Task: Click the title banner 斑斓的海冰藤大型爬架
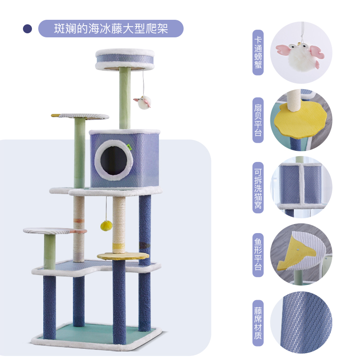click(x=111, y=28)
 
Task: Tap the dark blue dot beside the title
click(x=28, y=29)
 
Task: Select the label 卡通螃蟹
click(x=258, y=53)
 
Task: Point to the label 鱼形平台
click(x=258, y=255)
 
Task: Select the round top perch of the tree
click(x=125, y=59)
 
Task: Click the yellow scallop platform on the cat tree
click(x=123, y=256)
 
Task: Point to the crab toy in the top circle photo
click(x=301, y=53)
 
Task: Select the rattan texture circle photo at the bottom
click(x=301, y=322)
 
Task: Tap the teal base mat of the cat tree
click(x=97, y=332)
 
